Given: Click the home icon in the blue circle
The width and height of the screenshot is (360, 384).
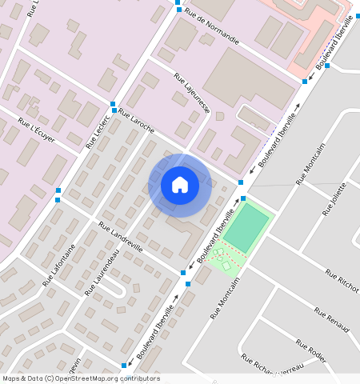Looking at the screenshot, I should (x=180, y=186).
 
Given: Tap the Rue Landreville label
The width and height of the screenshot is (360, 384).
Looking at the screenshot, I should (x=121, y=237).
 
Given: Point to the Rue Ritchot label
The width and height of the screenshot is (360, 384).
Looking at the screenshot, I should (x=342, y=281).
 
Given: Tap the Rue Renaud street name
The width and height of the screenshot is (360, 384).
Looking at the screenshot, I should (x=333, y=317).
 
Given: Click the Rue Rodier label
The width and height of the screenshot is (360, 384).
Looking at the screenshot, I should (x=311, y=350).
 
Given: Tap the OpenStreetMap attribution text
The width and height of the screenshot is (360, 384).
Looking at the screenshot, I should (x=81, y=378).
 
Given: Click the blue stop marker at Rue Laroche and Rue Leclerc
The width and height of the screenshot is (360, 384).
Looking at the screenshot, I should (x=113, y=105).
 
